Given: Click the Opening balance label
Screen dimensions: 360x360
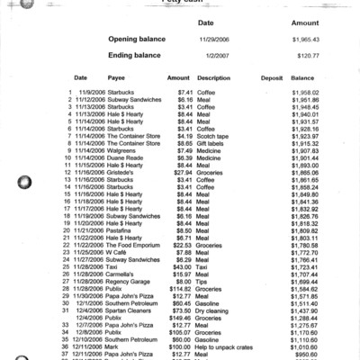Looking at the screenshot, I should point(139,40).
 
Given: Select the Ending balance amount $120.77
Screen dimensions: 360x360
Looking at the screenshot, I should point(306,56).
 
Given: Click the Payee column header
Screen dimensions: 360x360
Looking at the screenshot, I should point(120,78).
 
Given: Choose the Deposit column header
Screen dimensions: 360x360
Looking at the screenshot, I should point(271,78).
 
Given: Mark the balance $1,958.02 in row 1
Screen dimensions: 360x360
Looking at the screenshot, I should point(306,93).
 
